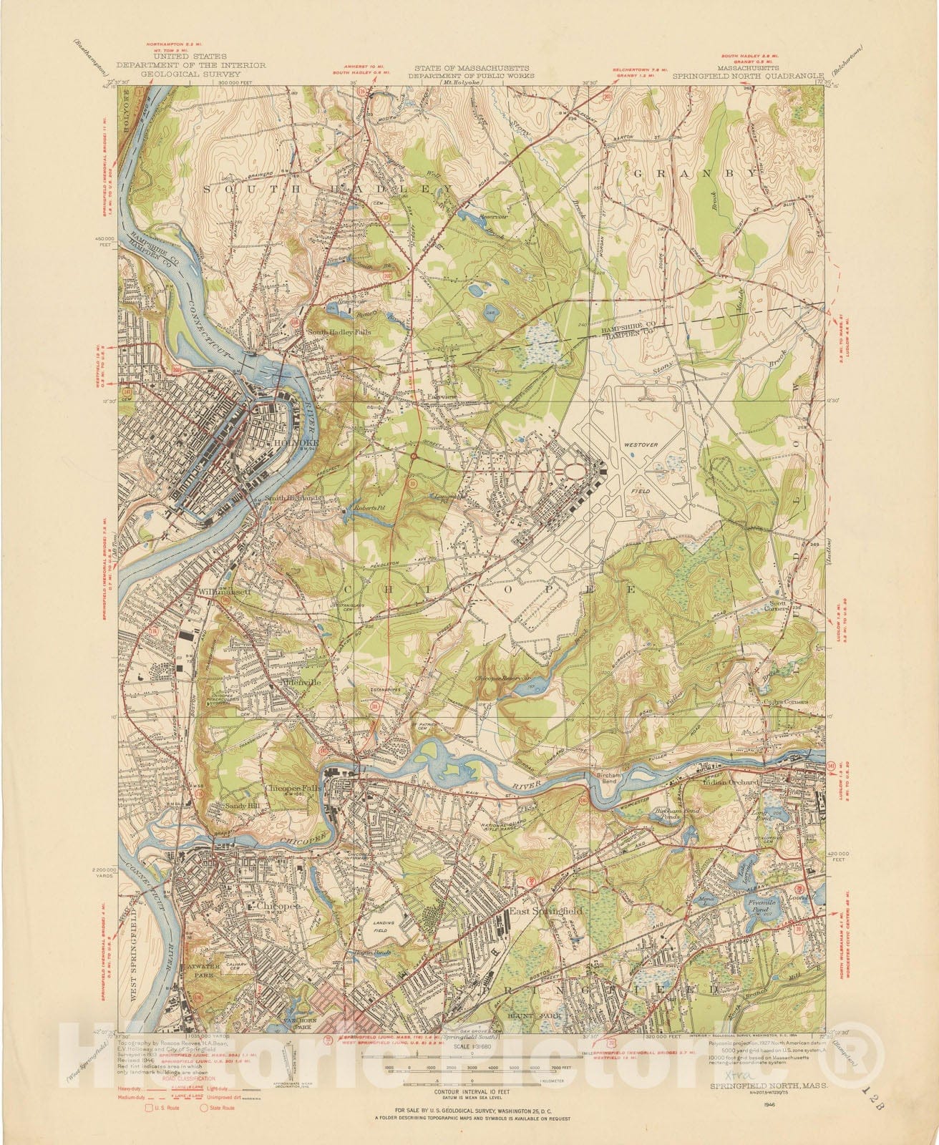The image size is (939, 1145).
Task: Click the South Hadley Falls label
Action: pyautogui.click(x=334, y=332)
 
